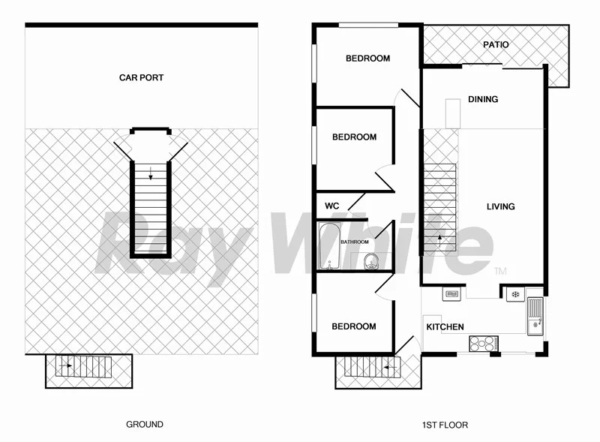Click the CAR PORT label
point(141,77)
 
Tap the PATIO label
point(496,44)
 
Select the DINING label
point(483,99)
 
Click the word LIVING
point(500,206)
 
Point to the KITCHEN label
point(445,327)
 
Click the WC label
point(331,206)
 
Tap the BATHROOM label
point(355,242)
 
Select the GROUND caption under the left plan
point(145,424)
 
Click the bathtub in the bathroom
point(329,245)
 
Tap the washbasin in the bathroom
point(370,261)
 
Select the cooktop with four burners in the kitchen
point(482,343)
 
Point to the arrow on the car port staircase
point(150,176)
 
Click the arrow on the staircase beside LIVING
point(439,240)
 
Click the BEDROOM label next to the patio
point(367,59)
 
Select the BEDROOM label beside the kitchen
point(354,326)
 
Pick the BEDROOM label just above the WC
point(354,137)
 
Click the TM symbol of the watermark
point(500,270)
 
